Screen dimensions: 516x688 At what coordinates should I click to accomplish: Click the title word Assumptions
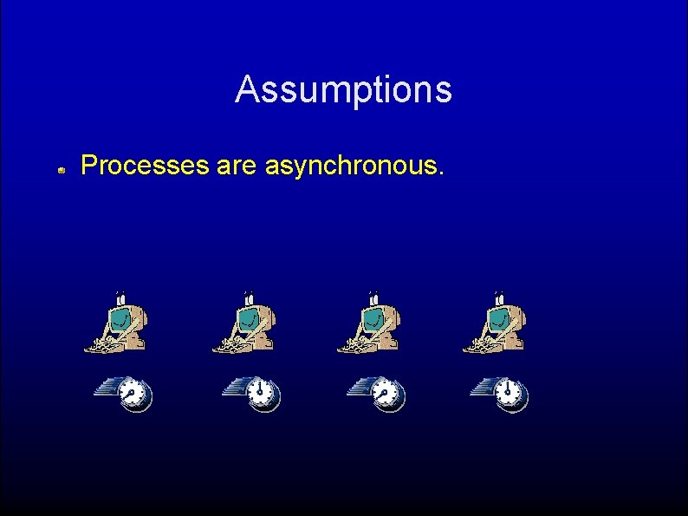pos(343,89)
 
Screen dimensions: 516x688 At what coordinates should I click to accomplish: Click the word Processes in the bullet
pos(142,165)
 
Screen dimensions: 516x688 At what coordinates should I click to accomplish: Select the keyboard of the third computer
pos(353,345)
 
